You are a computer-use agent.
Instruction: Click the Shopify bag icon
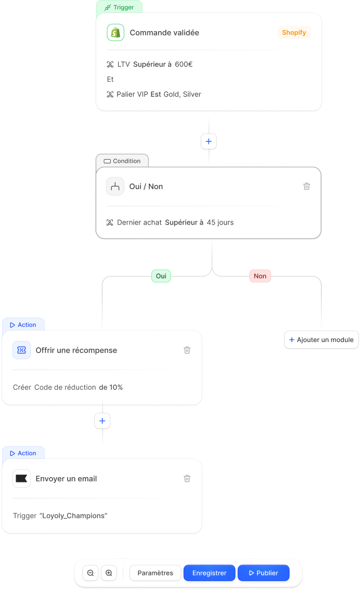(115, 33)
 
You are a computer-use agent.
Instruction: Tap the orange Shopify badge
(294, 33)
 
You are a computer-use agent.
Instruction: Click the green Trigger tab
(119, 8)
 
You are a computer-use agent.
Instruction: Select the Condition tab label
(122, 161)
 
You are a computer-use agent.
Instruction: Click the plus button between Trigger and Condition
(209, 141)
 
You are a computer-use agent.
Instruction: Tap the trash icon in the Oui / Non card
(307, 186)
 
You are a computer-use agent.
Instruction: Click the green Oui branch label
(161, 276)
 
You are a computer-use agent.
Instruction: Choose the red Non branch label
(260, 276)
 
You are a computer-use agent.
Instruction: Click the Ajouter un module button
(321, 339)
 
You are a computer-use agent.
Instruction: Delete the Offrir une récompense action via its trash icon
(187, 350)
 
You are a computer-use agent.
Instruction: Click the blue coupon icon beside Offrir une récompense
(22, 350)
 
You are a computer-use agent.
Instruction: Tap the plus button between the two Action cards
(102, 421)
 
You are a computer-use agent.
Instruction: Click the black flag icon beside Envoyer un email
(22, 479)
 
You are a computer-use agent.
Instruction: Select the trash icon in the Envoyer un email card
(187, 479)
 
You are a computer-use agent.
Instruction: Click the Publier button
(263, 573)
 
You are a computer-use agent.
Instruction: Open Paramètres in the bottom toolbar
(155, 573)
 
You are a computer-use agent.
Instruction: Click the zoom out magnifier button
(91, 573)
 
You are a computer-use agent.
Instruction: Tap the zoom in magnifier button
(109, 573)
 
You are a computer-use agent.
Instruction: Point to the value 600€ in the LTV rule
(184, 64)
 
